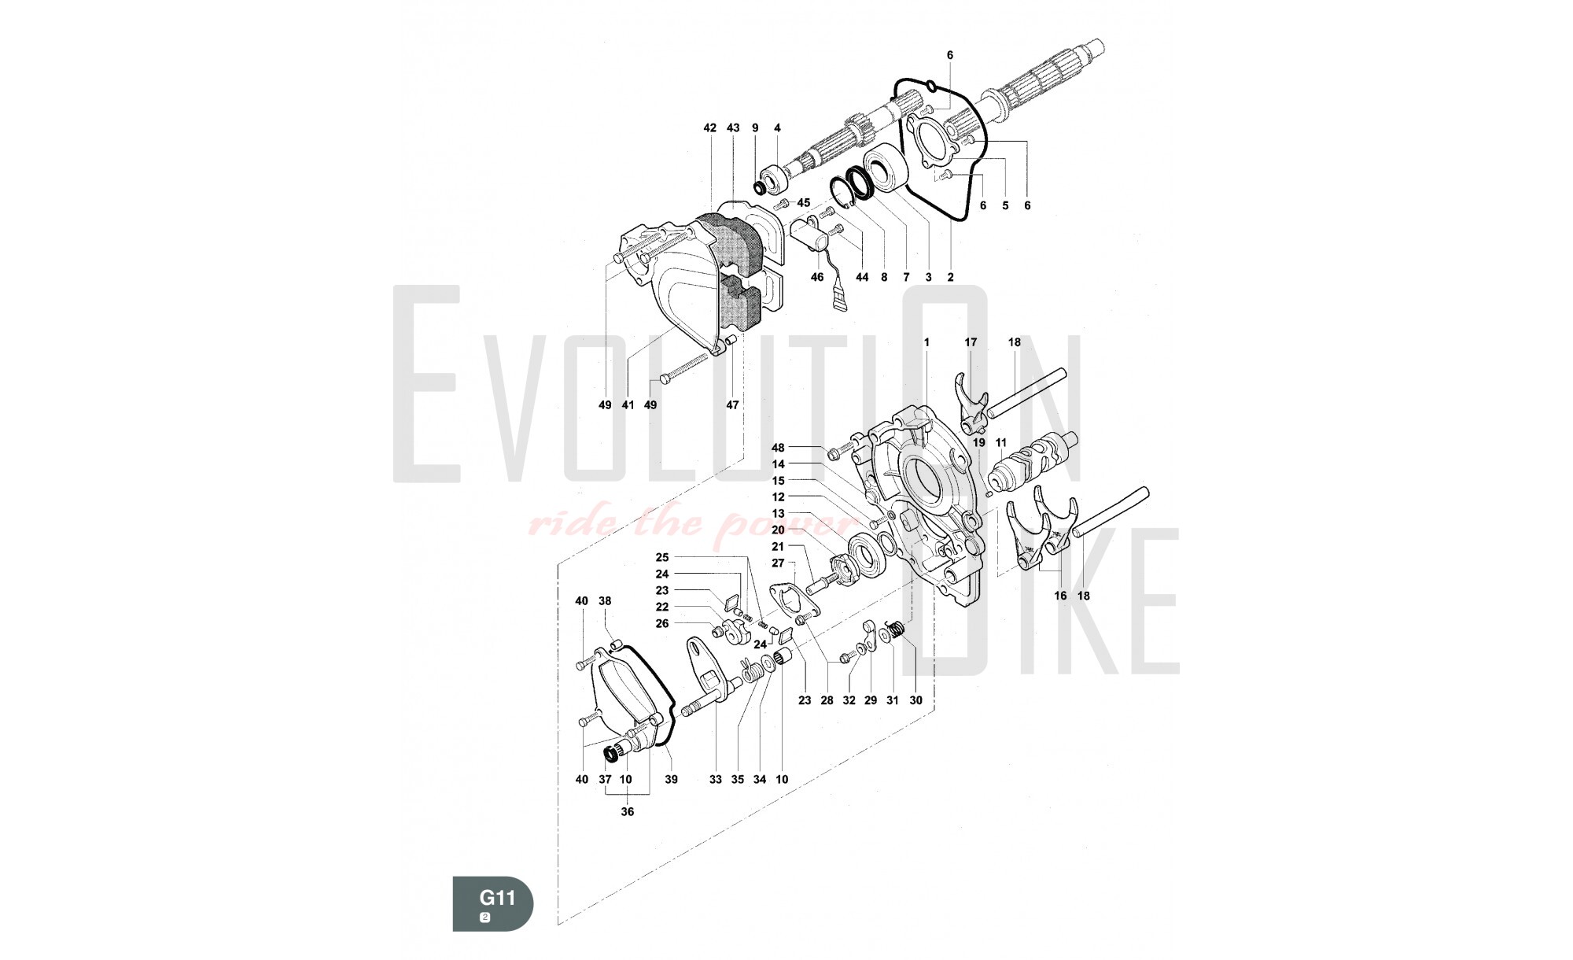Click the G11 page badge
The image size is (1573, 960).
tap(493, 903)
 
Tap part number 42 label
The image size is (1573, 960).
tap(710, 127)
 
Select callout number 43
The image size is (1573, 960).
tap(733, 127)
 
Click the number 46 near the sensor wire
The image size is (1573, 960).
tap(817, 277)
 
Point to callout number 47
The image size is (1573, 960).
tap(732, 405)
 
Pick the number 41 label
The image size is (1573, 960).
tap(628, 405)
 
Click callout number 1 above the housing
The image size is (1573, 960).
tap(926, 342)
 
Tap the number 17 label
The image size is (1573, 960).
tap(971, 342)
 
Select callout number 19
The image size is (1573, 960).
tap(979, 443)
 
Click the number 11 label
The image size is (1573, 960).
tap(1001, 443)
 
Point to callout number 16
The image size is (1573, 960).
tap(1060, 596)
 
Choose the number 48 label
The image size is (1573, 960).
tap(778, 448)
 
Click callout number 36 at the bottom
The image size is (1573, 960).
tap(627, 812)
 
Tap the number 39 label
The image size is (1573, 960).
tap(671, 780)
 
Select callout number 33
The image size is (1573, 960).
tap(715, 780)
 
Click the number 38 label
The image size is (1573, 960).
tap(605, 601)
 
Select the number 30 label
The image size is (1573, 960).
tap(915, 700)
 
